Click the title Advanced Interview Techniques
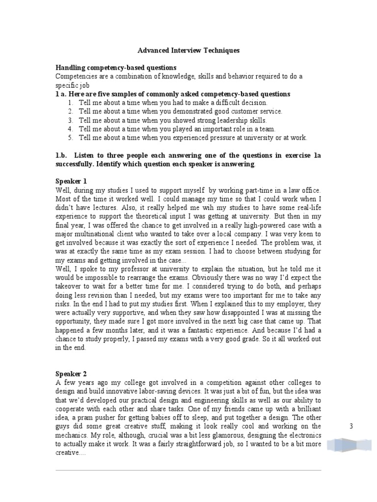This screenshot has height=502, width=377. pos(188,50)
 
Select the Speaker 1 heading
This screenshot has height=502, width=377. pos(71,181)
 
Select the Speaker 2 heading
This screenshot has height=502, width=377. pos(71,374)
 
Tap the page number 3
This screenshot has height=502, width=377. pos(351,427)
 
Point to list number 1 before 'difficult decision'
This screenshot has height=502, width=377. pos(71,103)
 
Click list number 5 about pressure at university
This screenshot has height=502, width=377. pos(71,138)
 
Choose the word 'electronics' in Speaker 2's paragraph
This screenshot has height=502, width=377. pos(303,435)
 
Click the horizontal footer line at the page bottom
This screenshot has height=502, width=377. pos(188,470)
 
